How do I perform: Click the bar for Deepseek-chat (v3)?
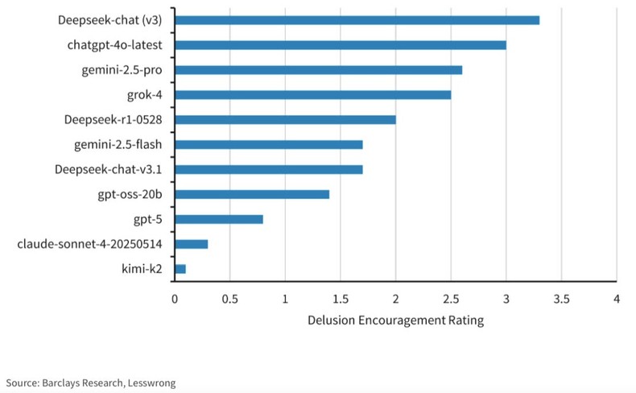[357, 20]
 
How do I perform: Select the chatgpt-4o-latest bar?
[340, 45]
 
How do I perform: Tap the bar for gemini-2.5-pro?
[318, 70]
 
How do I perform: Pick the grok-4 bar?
[312, 95]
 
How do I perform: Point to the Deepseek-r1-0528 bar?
[285, 120]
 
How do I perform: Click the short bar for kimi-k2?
[180, 269]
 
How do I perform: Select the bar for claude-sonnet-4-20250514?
[191, 244]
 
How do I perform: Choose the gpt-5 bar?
[219, 219]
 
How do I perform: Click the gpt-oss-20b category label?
[129, 194]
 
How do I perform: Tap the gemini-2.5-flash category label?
[118, 145]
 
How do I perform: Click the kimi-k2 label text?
[141, 269]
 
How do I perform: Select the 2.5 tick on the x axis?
[451, 300]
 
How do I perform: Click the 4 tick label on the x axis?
[616, 300]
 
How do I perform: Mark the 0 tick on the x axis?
[175, 300]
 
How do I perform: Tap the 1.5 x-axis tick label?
[340, 300]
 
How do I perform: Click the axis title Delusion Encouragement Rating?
[395, 321]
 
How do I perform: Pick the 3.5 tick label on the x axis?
[561, 300]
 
